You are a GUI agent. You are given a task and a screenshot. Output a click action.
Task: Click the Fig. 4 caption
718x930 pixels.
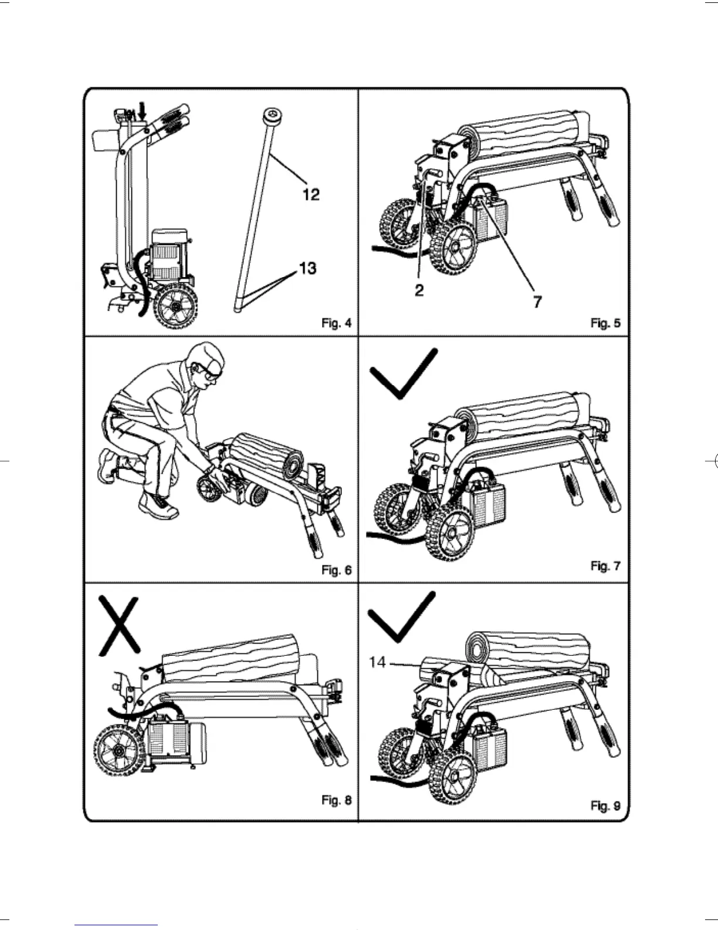[336, 323]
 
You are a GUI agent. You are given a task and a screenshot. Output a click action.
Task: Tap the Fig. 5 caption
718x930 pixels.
[605, 323]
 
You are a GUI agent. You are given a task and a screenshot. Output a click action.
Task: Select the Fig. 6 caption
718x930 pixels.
[336, 570]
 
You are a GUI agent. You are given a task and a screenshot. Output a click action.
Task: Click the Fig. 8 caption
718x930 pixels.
[336, 800]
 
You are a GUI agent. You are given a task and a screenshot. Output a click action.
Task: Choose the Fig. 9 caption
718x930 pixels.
[605, 806]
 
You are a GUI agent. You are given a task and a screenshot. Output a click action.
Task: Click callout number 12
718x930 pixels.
[311, 194]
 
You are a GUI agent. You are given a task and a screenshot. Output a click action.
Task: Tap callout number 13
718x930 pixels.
[307, 268]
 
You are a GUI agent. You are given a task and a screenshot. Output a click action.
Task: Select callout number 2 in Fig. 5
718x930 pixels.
[419, 291]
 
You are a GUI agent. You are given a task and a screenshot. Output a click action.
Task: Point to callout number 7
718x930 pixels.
[537, 302]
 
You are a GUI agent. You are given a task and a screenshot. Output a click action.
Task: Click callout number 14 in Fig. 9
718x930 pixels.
[377, 662]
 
